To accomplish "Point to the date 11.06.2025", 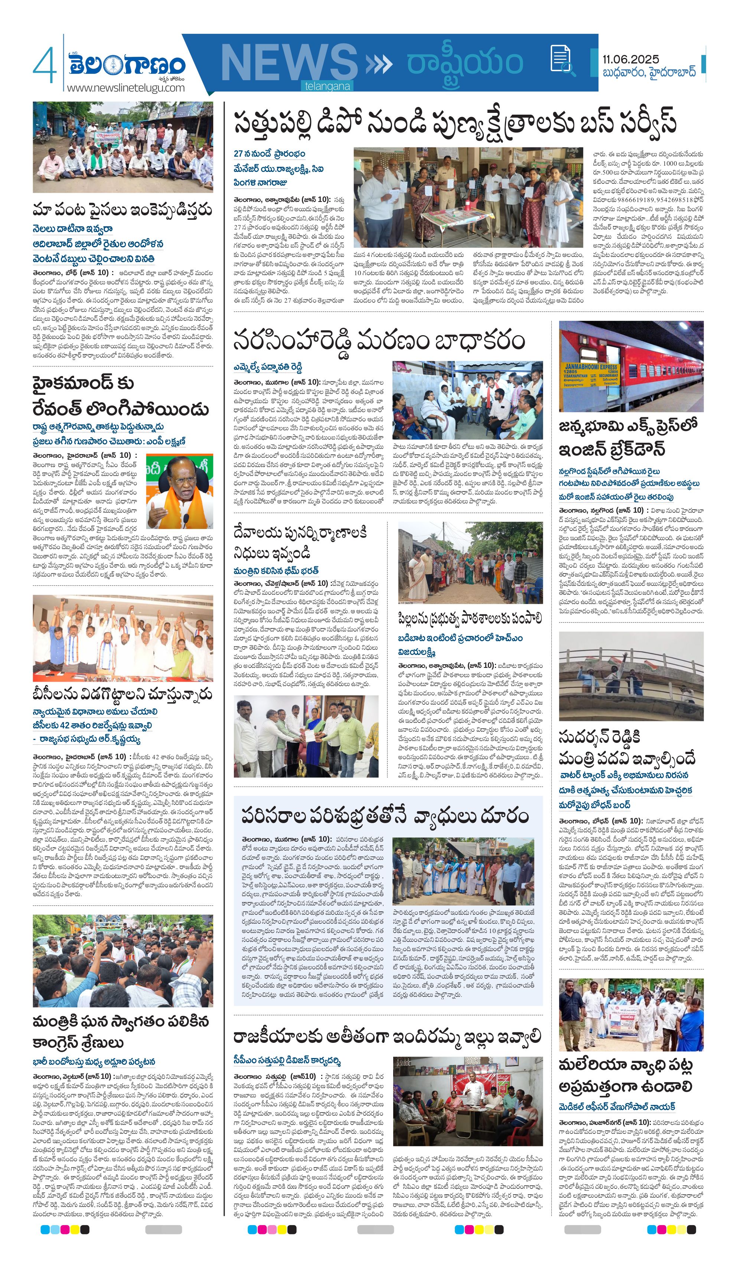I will click(631, 59).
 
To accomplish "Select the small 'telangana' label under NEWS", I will click(327, 86).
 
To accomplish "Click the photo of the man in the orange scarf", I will click(179, 492).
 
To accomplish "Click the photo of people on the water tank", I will click(631, 676).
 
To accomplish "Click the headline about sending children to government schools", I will click(470, 619).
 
